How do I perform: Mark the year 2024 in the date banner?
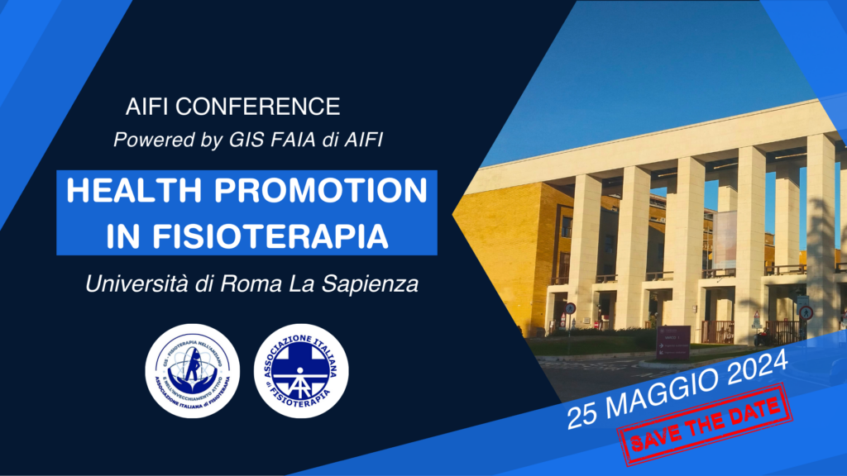click(749, 371)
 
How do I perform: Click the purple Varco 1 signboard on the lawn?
click(673, 342)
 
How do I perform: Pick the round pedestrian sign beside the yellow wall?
click(570, 307)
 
